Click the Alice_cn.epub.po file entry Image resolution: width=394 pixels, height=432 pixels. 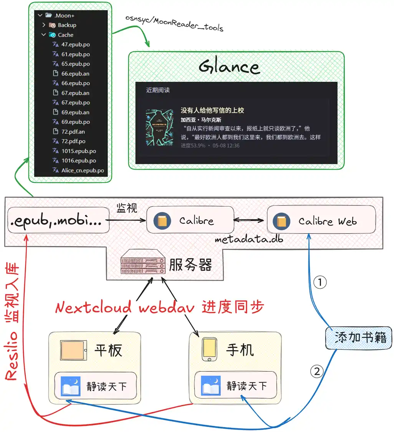coord(82,170)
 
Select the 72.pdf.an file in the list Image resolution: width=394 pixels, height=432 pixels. coord(73,132)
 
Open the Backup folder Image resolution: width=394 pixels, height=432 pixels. coord(67,25)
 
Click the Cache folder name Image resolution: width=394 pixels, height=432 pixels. coord(65,35)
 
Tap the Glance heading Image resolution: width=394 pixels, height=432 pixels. coord(229,67)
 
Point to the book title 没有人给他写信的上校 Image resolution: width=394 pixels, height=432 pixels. coord(212,111)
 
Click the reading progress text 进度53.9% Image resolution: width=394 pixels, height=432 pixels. coord(193,146)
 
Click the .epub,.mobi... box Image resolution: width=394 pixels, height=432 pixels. coord(56,221)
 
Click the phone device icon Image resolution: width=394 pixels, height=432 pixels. coord(208,350)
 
